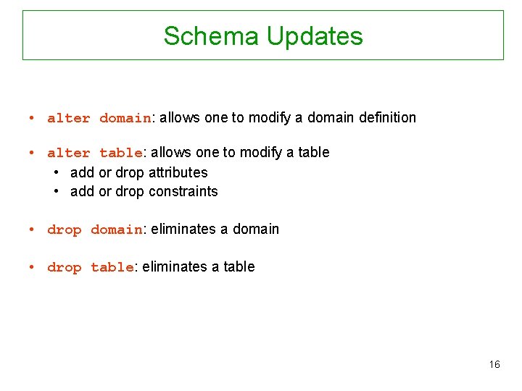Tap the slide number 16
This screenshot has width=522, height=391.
click(x=494, y=364)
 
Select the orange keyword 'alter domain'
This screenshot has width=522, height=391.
click(x=99, y=118)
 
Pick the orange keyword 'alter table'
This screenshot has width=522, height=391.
click(x=95, y=153)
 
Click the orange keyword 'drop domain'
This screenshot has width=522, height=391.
click(x=95, y=230)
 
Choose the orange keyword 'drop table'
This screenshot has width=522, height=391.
click(x=91, y=267)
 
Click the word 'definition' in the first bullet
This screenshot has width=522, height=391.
click(x=387, y=117)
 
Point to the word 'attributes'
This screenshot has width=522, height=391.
click(x=178, y=172)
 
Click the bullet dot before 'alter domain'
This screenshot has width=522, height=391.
click(x=33, y=118)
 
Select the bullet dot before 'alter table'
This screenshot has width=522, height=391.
click(x=33, y=153)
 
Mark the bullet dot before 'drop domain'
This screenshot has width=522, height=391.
click(x=33, y=230)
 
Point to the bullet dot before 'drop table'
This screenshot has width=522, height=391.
click(x=33, y=267)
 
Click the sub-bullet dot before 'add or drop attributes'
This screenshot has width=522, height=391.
click(x=57, y=172)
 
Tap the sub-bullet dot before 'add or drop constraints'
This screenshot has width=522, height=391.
click(x=57, y=191)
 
